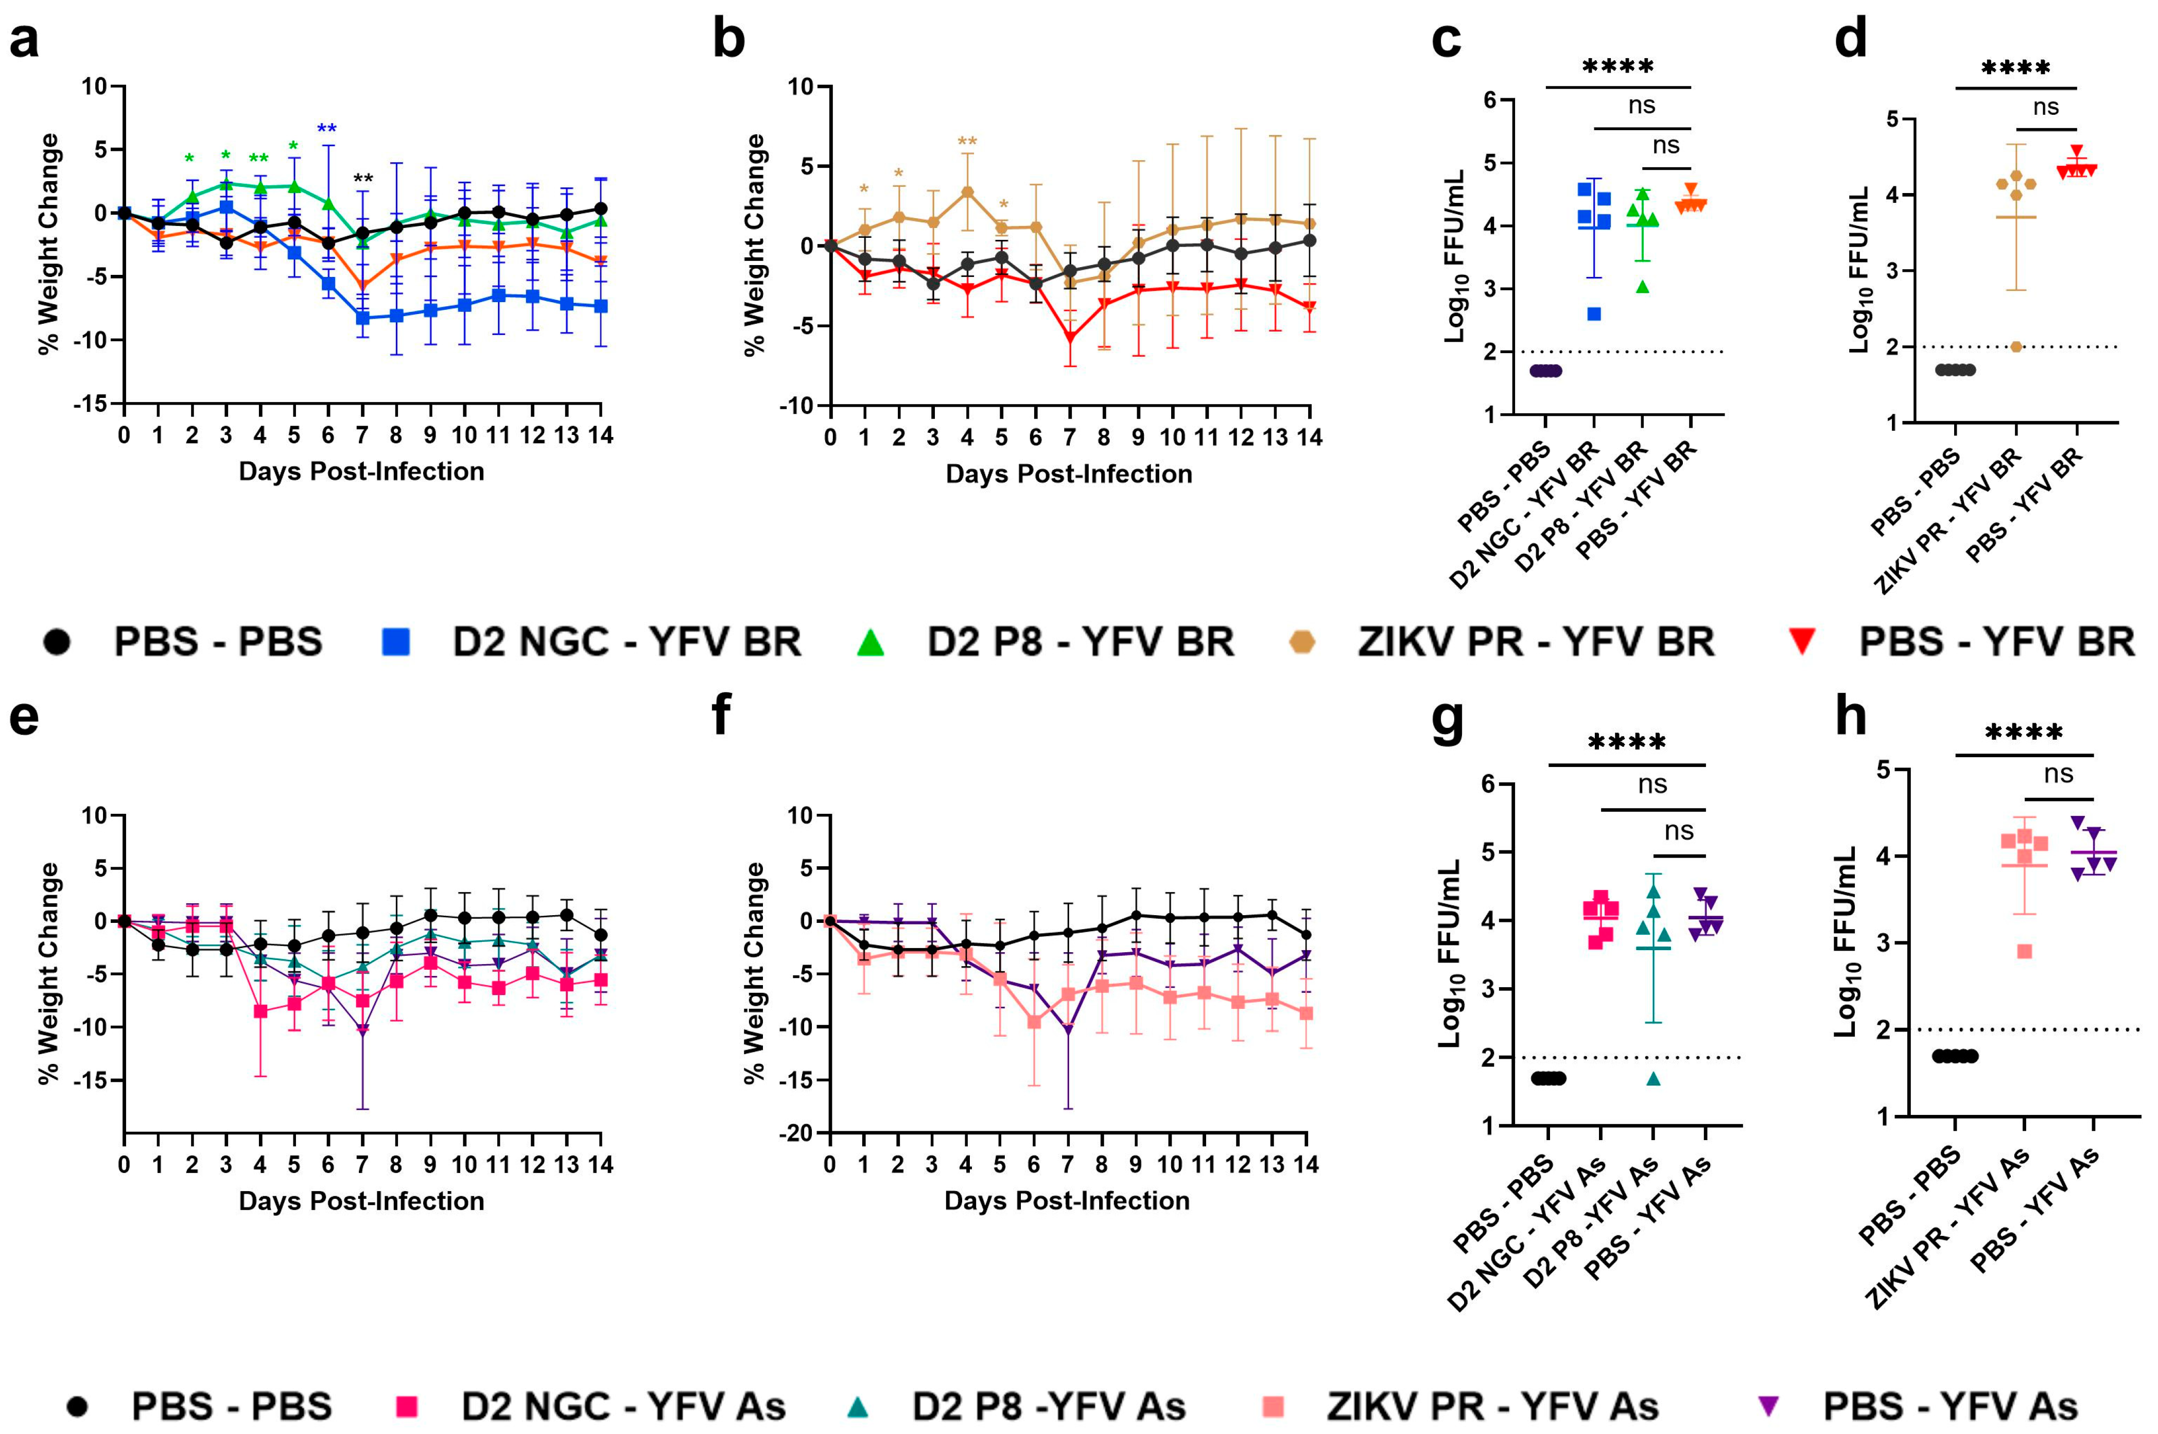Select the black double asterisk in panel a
363,178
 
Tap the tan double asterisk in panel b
967,142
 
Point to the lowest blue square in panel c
1594,314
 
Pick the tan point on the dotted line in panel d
2016,346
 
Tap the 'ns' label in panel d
2046,108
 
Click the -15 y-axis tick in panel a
92,404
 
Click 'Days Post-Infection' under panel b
1068,474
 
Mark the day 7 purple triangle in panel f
1067,1030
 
